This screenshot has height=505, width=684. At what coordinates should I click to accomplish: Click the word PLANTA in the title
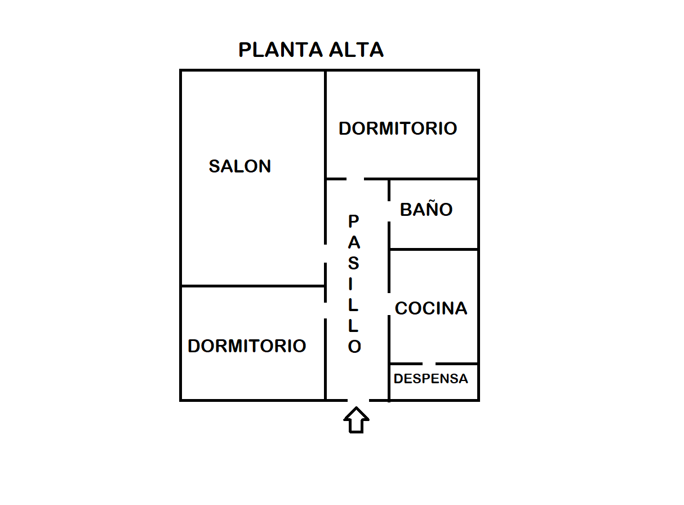tap(281, 50)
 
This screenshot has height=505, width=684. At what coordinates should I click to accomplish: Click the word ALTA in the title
tap(356, 50)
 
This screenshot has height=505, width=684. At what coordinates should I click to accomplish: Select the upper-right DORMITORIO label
tap(398, 129)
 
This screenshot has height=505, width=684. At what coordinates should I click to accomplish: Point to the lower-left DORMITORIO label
tap(247, 346)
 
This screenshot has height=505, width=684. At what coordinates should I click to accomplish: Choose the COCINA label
tap(431, 308)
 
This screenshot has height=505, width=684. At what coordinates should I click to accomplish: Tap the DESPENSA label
tap(430, 379)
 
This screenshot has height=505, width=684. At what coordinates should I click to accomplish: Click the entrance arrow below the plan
tap(356, 420)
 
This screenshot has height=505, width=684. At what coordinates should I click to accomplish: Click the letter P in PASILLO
tap(353, 221)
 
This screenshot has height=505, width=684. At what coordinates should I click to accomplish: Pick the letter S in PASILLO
tap(353, 263)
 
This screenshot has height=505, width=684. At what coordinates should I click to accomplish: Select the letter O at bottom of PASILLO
tap(354, 347)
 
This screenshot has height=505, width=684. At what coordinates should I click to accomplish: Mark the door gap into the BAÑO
tap(389, 211)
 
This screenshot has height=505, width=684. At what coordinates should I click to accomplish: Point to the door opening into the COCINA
tap(389, 304)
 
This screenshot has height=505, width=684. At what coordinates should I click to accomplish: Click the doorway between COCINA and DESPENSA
tap(429, 364)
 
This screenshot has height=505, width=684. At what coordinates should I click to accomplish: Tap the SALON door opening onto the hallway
tap(325, 254)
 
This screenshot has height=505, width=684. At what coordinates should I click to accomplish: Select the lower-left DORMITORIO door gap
tap(325, 311)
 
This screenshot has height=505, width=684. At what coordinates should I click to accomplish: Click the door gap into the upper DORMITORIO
tap(355, 179)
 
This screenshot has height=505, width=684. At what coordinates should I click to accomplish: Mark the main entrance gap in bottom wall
tap(358, 400)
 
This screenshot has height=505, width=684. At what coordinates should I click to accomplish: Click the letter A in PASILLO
tap(354, 242)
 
